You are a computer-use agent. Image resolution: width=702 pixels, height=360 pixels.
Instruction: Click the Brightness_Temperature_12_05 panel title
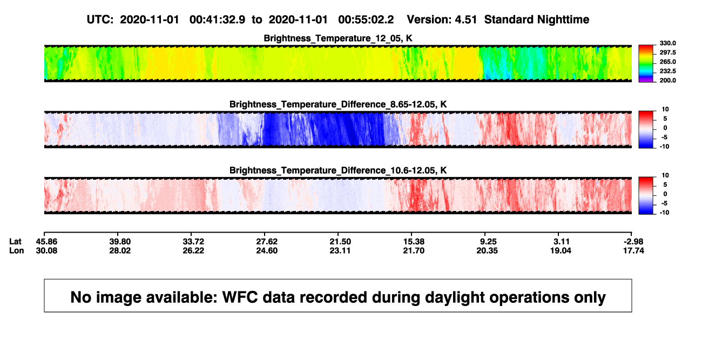point(338,38)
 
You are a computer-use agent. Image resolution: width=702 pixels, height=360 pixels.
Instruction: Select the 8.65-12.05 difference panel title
point(338,104)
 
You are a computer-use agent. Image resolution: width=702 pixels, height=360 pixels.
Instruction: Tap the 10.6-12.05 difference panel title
point(338,171)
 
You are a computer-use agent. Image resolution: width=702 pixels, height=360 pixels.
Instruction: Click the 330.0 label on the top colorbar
point(667,43)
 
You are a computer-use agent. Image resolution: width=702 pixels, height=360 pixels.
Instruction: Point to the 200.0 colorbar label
point(667,80)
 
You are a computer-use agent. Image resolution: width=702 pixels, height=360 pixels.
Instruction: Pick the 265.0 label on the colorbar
point(667,62)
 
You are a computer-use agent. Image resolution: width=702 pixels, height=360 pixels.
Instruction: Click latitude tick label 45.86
point(46,242)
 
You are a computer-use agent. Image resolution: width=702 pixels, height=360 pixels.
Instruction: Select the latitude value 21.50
point(340,242)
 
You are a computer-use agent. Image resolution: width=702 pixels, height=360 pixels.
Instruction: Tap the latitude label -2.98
point(633,242)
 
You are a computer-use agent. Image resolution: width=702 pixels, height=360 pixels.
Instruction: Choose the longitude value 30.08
point(46,250)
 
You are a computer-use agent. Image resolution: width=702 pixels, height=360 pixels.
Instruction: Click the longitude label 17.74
point(633,250)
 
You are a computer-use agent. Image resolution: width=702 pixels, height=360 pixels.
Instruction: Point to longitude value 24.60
point(267,250)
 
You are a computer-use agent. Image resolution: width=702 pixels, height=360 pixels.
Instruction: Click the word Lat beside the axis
point(15,242)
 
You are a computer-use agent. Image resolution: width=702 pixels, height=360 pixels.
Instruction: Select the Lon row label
point(16,250)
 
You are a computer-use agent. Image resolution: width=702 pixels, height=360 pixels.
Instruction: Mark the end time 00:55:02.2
point(366,19)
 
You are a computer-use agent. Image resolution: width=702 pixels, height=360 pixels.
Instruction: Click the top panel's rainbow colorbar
point(646,64)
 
